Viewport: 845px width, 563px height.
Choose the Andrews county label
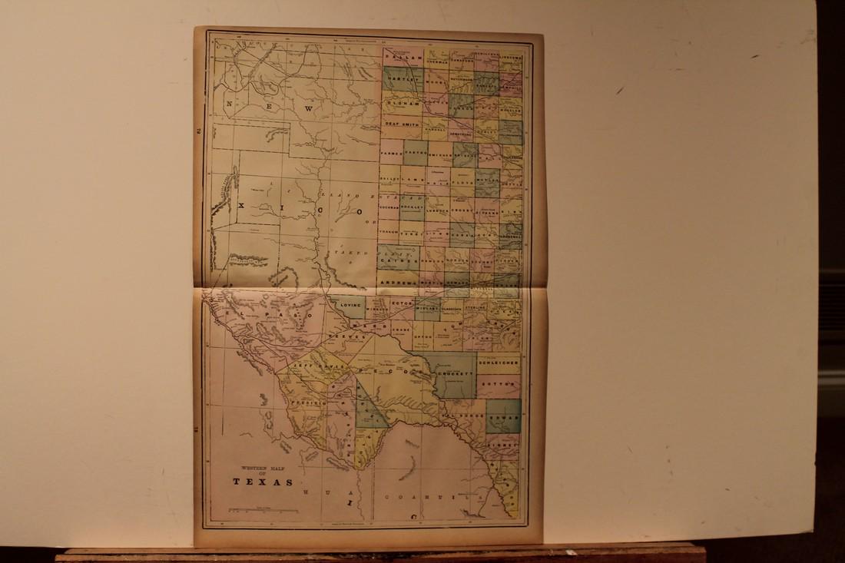399,283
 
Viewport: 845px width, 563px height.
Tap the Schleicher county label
498,359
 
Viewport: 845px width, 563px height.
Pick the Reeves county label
340,336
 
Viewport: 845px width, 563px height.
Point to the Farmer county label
391,154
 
